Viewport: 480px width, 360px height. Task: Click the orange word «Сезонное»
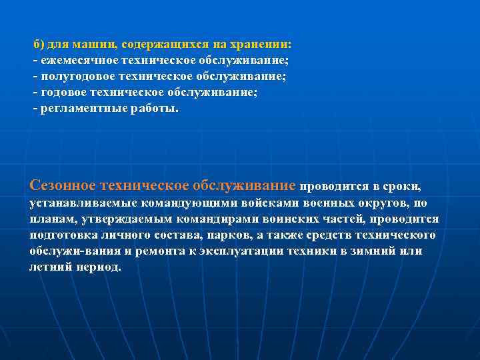coord(63,184)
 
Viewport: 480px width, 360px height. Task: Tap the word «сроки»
coord(403,185)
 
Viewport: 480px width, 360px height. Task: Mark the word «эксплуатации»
coord(235,251)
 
